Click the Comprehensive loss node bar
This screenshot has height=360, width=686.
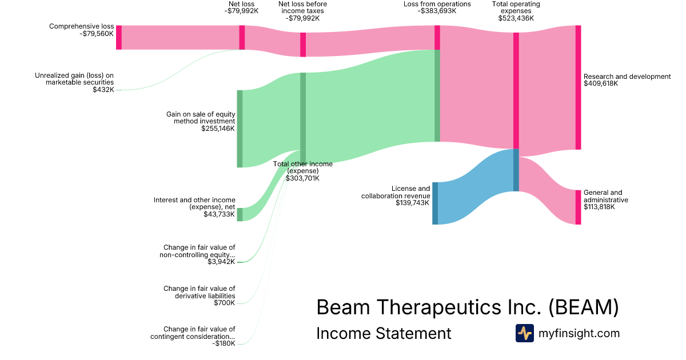(119, 37)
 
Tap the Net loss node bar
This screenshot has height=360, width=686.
(242, 38)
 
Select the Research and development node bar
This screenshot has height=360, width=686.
(578, 87)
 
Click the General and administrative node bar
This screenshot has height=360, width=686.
(578, 207)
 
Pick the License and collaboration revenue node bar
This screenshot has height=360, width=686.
(435, 203)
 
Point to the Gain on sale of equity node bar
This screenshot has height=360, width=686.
(240, 129)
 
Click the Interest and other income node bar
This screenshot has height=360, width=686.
(240, 214)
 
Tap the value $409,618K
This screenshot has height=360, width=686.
(601, 83)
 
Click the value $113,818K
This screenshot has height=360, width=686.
(599, 207)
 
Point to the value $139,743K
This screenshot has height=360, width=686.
(413, 203)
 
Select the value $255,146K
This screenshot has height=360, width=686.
(218, 129)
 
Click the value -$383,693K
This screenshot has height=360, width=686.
(437, 11)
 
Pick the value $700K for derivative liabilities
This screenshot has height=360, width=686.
(224, 303)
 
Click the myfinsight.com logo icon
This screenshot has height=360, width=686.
(524, 333)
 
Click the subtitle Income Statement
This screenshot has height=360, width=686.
(384, 333)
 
